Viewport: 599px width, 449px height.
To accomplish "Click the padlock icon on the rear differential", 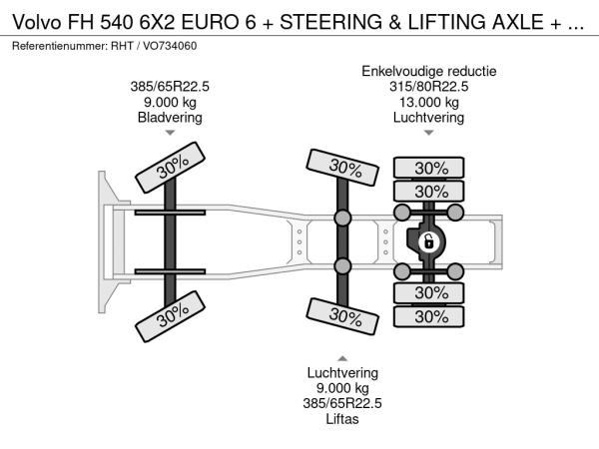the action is [428, 241].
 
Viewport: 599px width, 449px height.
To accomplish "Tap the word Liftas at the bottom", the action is [342, 419].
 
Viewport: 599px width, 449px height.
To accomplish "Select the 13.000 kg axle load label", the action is [429, 103].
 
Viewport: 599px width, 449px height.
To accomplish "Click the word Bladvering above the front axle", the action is [170, 117].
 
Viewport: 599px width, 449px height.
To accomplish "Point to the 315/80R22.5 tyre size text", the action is [428, 87].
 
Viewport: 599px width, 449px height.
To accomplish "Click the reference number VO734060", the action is [170, 46].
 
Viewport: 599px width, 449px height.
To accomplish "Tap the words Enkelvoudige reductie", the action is [429, 72].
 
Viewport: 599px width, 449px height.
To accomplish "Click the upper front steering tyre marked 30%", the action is [171, 168].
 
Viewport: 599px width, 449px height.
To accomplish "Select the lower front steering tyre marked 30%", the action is [171, 316].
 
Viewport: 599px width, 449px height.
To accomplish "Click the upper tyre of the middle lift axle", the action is [342, 168].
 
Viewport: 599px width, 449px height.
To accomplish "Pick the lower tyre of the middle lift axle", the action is [342, 316].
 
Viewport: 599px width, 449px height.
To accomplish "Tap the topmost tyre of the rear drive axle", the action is [429, 168].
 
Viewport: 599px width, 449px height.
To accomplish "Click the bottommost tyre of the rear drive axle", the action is [429, 316].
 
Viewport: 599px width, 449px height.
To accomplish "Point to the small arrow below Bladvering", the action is [170, 133].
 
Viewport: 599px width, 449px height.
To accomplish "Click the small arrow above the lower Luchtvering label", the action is [342, 358].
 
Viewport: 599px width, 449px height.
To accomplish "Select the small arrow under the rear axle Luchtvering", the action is [429, 133].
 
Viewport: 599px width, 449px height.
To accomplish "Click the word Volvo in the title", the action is [37, 22].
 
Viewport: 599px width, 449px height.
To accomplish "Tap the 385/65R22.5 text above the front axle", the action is [170, 87].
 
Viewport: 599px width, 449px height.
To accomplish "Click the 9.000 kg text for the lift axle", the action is [342, 388].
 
